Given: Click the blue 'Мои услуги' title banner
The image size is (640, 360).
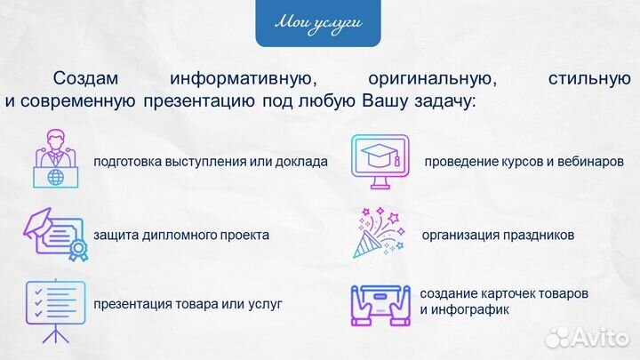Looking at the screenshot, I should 319,24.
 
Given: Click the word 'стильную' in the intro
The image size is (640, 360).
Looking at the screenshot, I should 590,79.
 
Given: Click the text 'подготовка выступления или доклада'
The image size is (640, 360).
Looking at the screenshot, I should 211,163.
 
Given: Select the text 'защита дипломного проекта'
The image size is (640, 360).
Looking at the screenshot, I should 181,236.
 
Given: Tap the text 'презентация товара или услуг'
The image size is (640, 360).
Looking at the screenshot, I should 188,304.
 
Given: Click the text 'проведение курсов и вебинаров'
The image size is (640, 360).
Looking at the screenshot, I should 517,163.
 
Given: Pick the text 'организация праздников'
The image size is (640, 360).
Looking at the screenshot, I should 498,236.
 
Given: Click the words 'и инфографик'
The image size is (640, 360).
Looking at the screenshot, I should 464,310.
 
